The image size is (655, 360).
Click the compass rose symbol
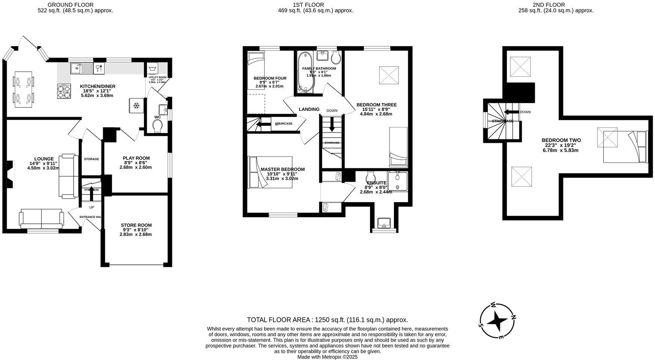point(498,321)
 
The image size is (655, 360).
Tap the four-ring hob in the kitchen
point(64,91)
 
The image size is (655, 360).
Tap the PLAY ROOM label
point(136,158)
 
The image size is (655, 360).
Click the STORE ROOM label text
point(136,225)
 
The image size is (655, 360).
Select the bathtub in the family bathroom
point(303,72)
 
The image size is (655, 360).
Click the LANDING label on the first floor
point(309,109)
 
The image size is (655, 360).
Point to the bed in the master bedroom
point(270,172)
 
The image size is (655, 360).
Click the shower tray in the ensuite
point(397,182)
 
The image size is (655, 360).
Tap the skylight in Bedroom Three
point(389,75)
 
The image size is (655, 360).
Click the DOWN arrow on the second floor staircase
point(511,112)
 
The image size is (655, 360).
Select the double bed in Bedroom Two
point(625,147)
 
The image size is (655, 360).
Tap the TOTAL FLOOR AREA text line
point(327,320)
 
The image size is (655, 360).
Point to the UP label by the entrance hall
point(91,207)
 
